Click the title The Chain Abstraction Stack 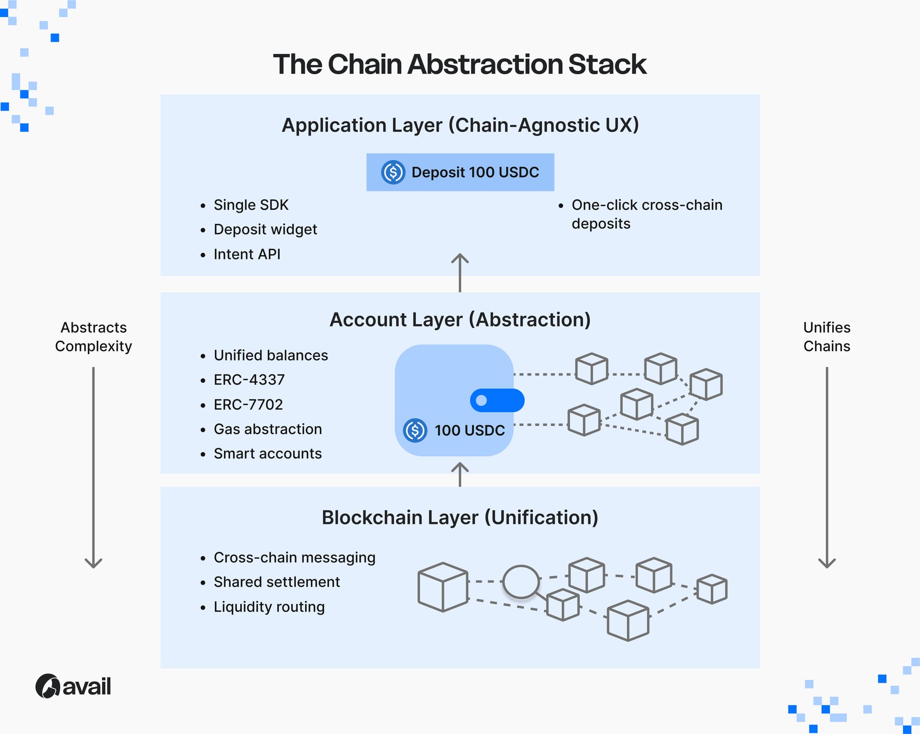(x=460, y=64)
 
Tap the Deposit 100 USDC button (x=460, y=172)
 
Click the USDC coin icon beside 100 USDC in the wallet (x=415, y=430)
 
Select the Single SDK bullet (x=251, y=205)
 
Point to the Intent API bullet (x=247, y=254)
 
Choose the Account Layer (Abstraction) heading (x=460, y=320)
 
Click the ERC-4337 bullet (x=249, y=380)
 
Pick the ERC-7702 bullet (x=248, y=405)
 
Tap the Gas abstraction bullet (x=267, y=429)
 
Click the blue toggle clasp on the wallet (x=497, y=400)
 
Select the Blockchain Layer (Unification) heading (x=460, y=517)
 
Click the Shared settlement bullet (x=276, y=582)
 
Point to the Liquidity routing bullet (x=269, y=607)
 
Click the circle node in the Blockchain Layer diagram (x=521, y=582)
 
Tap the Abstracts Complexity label (x=93, y=337)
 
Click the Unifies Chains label (x=827, y=337)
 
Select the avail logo (x=74, y=687)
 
